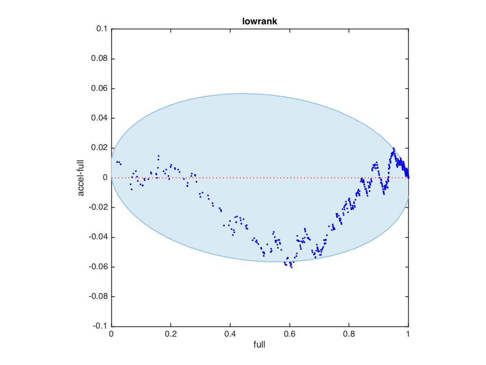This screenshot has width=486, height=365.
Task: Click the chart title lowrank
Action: (260, 21)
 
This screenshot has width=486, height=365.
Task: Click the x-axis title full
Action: (260, 345)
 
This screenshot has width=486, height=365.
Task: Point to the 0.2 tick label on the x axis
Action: (171, 335)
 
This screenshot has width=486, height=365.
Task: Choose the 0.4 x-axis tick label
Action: (230, 335)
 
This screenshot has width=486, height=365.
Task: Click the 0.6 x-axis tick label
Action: (290, 335)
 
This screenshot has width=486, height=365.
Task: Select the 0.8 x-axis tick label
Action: (349, 335)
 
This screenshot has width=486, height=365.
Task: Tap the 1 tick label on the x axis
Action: (408, 335)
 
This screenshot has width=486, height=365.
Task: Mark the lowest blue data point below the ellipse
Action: (292, 267)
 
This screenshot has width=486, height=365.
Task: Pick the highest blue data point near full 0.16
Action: (159, 156)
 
